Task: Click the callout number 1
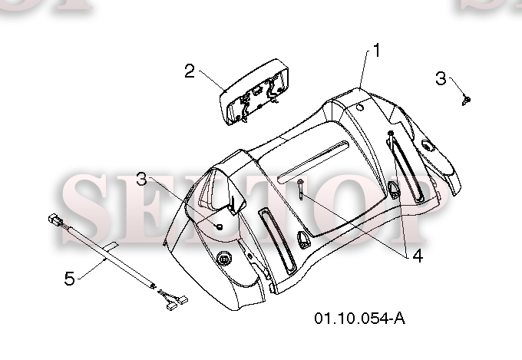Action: click(376, 51)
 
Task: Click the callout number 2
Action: click(190, 71)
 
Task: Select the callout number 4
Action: click(418, 256)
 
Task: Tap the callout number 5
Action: click(70, 279)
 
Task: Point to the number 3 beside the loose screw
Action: click(441, 78)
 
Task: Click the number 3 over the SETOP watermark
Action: click(142, 179)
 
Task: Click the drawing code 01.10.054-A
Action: click(360, 319)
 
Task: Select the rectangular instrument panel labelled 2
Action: click(253, 92)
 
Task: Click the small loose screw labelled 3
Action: click(467, 100)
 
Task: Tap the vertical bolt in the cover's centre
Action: click(301, 189)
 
